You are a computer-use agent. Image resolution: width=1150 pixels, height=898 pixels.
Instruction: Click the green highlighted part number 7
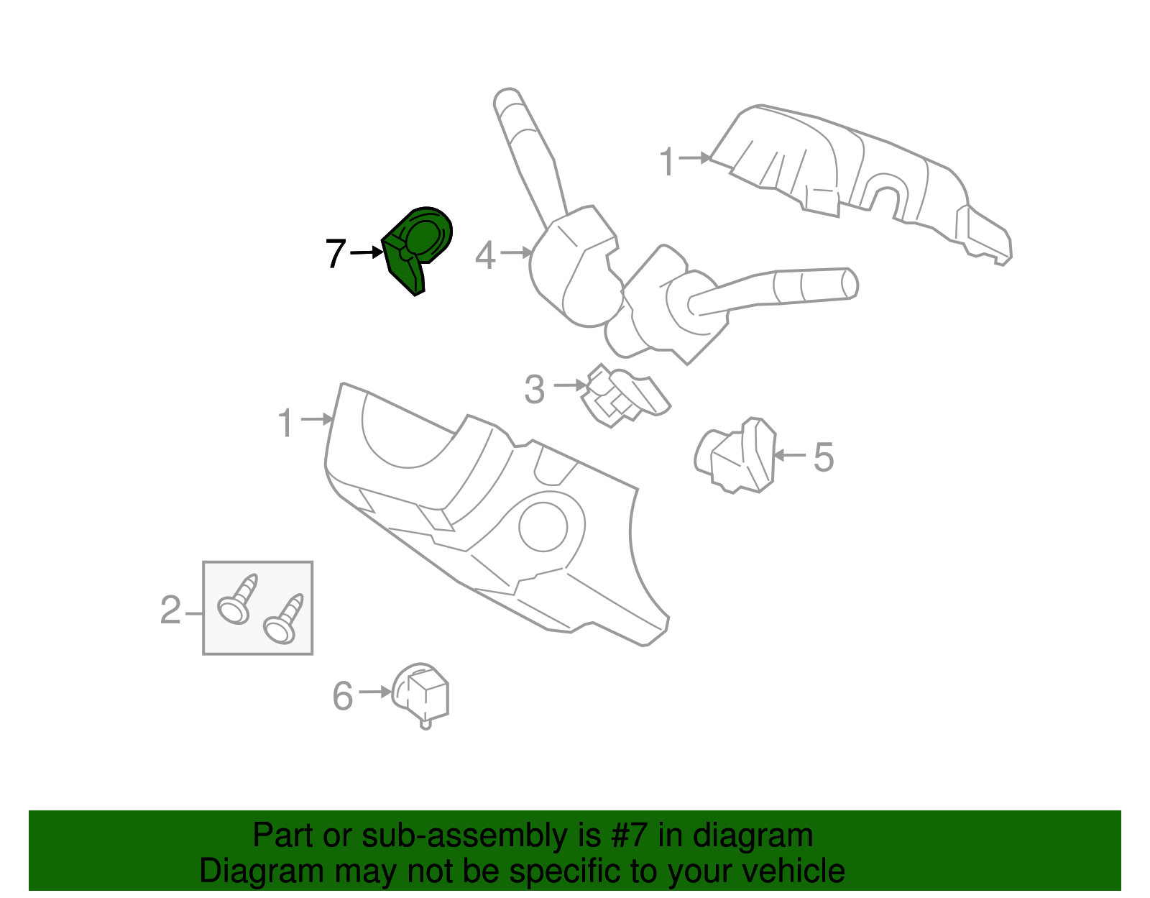click(x=418, y=248)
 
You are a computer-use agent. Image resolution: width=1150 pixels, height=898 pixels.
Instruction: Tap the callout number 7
click(x=336, y=254)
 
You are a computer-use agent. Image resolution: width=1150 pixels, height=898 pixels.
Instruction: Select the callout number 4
click(x=486, y=256)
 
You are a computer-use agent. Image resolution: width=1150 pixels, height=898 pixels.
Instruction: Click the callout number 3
click(x=535, y=390)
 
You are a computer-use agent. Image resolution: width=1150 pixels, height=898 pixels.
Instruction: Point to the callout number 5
click(x=823, y=457)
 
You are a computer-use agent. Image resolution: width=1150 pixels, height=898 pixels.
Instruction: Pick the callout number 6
click(x=343, y=695)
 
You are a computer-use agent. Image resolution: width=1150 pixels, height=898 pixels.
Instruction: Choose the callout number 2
click(x=170, y=610)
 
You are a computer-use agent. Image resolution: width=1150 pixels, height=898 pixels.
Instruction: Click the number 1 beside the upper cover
click(x=668, y=161)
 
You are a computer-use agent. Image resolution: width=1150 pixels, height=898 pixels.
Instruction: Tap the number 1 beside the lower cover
click(x=286, y=423)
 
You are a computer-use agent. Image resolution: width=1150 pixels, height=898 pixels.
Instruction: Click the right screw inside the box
click(x=284, y=620)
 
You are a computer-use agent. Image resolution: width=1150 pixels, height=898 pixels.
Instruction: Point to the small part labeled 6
click(x=423, y=693)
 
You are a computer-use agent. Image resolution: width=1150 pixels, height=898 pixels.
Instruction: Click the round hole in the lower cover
click(x=543, y=527)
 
